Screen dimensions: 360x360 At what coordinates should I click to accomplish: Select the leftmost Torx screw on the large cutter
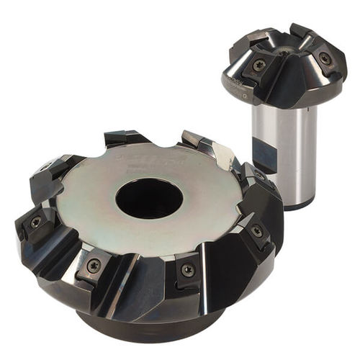click(x=34, y=222)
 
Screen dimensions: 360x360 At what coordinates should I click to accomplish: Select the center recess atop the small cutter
click(x=288, y=51)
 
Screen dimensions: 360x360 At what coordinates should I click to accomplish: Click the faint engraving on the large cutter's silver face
click(x=144, y=154)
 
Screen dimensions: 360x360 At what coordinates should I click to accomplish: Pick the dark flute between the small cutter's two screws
click(x=292, y=79)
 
